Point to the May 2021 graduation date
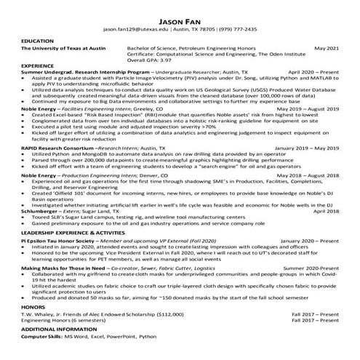326,48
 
